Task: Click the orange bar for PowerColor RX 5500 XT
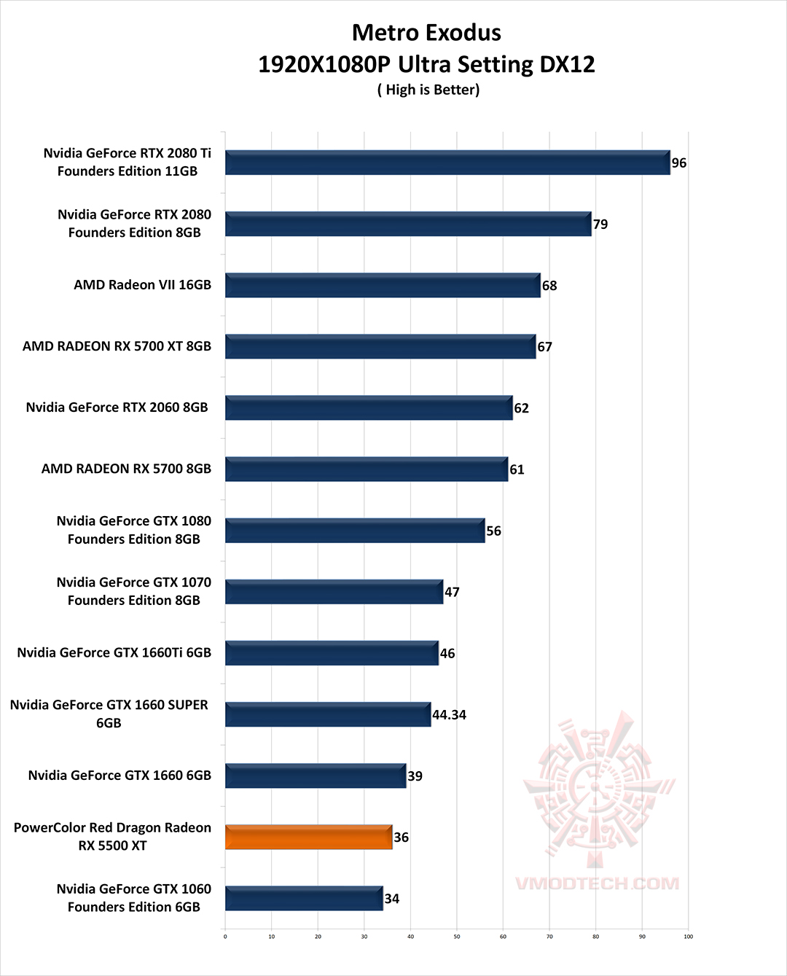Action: coord(308,837)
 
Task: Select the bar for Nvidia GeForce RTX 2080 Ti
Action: coord(447,163)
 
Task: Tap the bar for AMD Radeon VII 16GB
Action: coord(383,285)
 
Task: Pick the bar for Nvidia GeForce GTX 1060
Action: coord(304,898)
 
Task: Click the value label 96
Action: coord(679,163)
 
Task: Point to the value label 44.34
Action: coord(449,715)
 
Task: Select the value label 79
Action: coord(600,225)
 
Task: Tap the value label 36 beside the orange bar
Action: coord(402,838)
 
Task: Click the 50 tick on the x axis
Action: coord(457,937)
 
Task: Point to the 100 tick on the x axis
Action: coord(688,937)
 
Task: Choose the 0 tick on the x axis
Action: coord(225,937)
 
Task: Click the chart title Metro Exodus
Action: coord(426,33)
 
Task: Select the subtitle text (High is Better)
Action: coord(428,90)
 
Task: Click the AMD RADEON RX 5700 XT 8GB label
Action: coord(117,346)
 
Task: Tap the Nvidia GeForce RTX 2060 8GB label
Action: coord(117,407)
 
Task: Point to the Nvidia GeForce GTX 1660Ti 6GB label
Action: coord(114,652)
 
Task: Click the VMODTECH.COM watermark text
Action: coord(598,883)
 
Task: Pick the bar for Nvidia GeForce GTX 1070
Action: coord(334,592)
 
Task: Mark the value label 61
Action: coord(517,470)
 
